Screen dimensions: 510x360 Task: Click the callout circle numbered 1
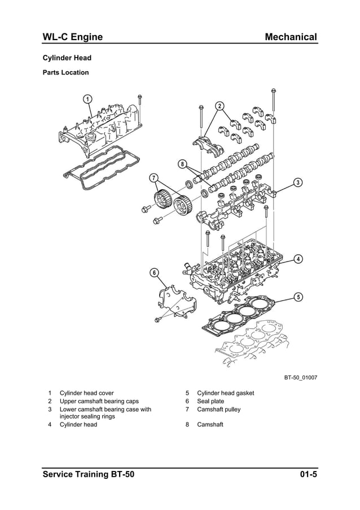(87, 99)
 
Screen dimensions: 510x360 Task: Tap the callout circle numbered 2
(219, 106)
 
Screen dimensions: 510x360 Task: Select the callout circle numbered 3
(297, 182)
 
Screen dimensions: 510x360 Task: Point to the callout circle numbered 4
(298, 259)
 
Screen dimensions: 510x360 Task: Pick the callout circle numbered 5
(298, 297)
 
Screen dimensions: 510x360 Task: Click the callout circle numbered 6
(154, 273)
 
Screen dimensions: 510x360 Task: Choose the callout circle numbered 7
(154, 178)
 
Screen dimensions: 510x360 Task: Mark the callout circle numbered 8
(182, 164)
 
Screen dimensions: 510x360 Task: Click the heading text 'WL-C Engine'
(73, 37)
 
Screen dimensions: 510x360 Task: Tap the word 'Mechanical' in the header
(291, 37)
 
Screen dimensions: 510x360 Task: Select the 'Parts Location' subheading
(66, 72)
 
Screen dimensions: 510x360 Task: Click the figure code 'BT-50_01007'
(300, 377)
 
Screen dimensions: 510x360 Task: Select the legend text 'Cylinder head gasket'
(225, 393)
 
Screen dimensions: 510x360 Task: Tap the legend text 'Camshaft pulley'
(218, 409)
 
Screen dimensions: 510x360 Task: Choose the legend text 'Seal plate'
(210, 401)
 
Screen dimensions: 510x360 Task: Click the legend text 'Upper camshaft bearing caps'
(99, 401)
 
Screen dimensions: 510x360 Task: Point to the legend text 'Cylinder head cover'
(86, 393)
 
